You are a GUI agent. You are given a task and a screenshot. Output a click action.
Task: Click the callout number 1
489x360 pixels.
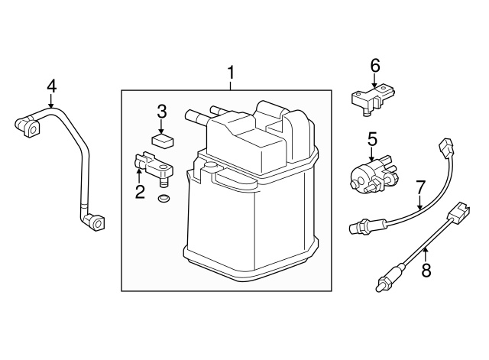point(231,73)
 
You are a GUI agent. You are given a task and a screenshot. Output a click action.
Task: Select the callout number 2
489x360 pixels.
point(140,192)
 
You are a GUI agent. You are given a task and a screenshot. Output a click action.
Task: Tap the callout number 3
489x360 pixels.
point(161,112)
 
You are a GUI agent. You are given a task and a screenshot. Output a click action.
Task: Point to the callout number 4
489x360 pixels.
point(52,86)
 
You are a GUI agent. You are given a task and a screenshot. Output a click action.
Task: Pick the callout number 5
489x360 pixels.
point(372,139)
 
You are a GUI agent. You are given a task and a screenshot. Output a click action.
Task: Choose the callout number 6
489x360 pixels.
point(375,66)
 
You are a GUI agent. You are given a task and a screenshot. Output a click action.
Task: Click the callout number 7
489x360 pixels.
point(420,188)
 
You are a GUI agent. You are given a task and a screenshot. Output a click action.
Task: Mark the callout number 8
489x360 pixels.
point(426,270)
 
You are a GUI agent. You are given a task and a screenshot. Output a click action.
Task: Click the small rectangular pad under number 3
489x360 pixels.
point(163,141)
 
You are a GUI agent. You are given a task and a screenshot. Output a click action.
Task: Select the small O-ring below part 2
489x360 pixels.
point(164,198)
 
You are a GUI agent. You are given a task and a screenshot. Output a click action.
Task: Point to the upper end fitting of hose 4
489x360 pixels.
point(28,127)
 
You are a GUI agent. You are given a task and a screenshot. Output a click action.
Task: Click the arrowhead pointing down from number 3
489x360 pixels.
point(161,131)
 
